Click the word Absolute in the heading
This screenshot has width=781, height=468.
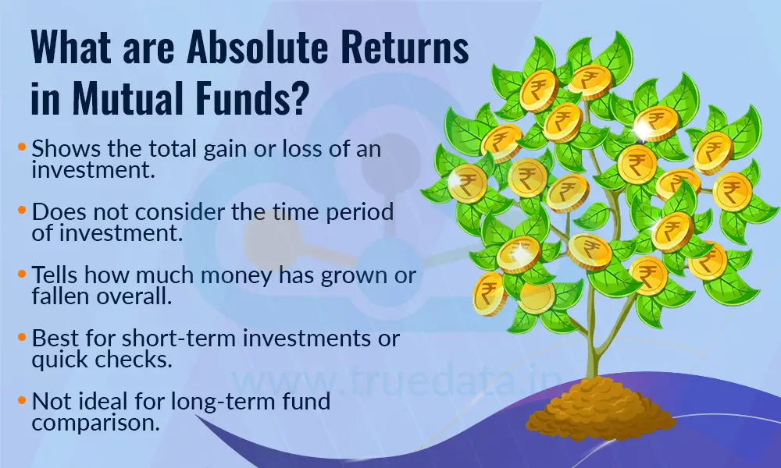259,49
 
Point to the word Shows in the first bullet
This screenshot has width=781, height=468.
60,149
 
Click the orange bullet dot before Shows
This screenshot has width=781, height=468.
23,147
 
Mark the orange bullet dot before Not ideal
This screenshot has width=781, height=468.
23,401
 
